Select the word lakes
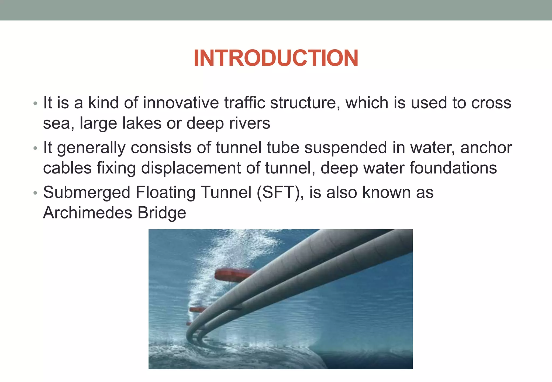tap(142, 123)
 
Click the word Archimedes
tap(88, 213)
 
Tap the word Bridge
tap(162, 213)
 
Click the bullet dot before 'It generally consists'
tap(35, 148)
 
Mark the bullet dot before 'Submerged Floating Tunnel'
tap(35, 193)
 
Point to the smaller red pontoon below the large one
tap(197, 309)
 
